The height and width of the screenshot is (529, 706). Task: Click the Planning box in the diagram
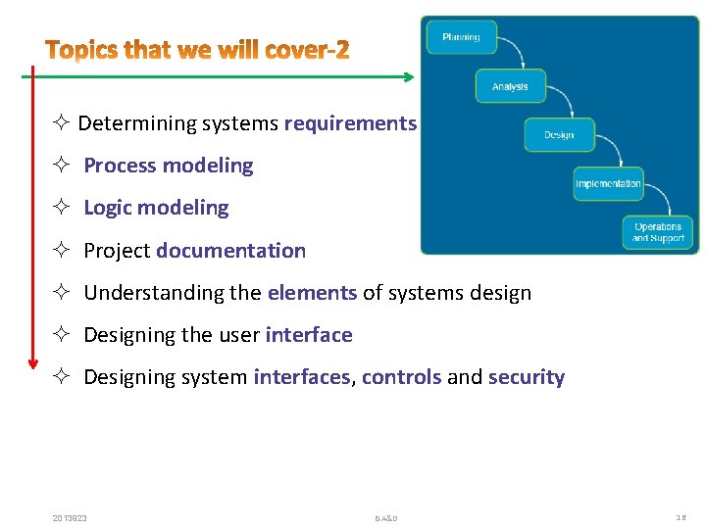(461, 37)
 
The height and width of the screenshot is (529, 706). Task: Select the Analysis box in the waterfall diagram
(510, 86)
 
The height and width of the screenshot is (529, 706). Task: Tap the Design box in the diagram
(559, 135)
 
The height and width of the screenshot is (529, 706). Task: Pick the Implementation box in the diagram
(608, 183)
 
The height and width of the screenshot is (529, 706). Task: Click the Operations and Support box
(658, 233)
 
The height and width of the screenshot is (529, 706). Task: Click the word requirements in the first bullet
(351, 123)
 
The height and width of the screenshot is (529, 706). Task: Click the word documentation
(231, 251)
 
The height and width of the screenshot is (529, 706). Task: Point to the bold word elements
(312, 293)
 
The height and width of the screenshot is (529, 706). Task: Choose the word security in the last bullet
(527, 377)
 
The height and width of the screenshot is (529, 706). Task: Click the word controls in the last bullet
(401, 377)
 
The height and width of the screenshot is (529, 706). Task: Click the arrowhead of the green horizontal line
(410, 75)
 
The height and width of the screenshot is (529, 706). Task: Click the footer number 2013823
(70, 517)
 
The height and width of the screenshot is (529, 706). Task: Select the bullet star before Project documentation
(61, 251)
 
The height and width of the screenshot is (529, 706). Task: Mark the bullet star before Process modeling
(61, 166)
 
